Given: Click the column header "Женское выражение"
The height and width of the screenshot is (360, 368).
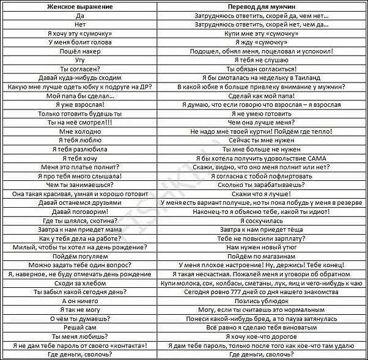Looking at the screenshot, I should pyautogui.click(x=79, y=6).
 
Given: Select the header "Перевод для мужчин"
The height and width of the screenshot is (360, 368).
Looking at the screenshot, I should pyautogui.click(x=261, y=6).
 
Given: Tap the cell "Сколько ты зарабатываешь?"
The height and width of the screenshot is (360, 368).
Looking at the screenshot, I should pyautogui.click(x=261, y=185).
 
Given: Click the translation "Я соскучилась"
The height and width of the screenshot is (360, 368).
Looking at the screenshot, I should pyautogui.click(x=261, y=220).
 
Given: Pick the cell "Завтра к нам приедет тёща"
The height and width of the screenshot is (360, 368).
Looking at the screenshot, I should pyautogui.click(x=261, y=229).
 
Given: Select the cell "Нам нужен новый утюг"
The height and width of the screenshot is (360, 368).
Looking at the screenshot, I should pyautogui.click(x=261, y=248).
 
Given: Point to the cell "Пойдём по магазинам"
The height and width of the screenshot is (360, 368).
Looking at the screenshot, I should pyautogui.click(x=261, y=257).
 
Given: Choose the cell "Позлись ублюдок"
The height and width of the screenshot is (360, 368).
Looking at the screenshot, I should pyautogui.click(x=261, y=301).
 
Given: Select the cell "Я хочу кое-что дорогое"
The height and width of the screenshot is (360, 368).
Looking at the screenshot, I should pyautogui.click(x=261, y=337).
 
